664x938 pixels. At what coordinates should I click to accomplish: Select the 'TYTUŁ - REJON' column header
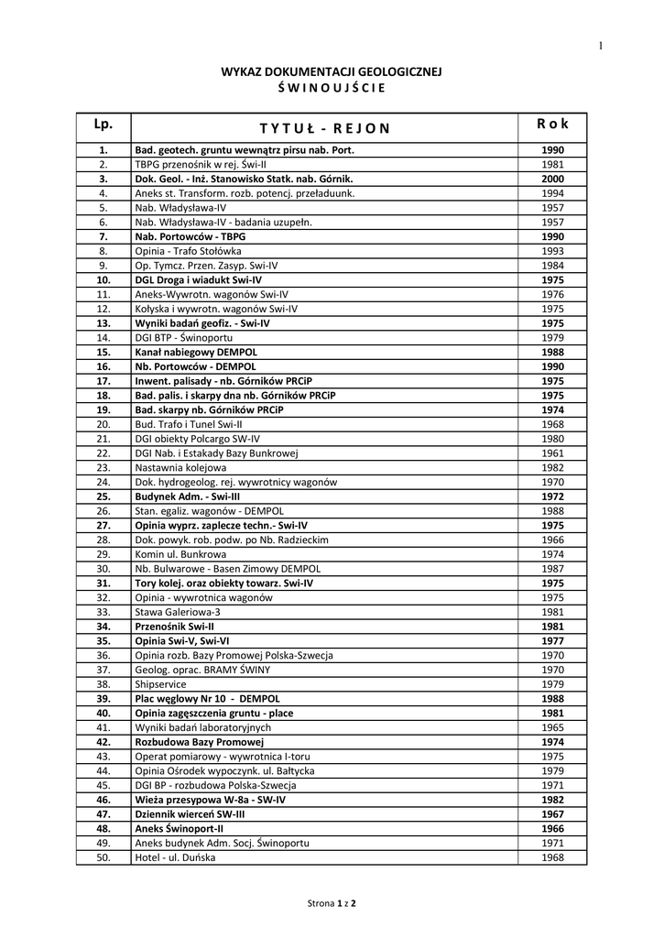pyautogui.click(x=324, y=127)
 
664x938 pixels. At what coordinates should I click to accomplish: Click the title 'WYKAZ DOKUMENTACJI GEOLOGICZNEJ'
pyautogui.click(x=332, y=70)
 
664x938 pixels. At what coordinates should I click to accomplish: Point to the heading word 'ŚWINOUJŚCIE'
pyautogui.click(x=331, y=88)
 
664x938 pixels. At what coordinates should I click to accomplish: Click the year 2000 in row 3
pyautogui.click(x=552, y=179)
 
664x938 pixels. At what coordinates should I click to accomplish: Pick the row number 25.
pyautogui.click(x=103, y=496)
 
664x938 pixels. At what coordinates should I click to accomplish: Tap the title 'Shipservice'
pyautogui.click(x=160, y=683)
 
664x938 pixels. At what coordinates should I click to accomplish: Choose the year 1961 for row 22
pyautogui.click(x=552, y=453)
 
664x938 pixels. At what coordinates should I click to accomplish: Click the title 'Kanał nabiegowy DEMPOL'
pyautogui.click(x=196, y=352)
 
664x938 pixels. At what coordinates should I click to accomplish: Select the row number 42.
pyautogui.click(x=103, y=742)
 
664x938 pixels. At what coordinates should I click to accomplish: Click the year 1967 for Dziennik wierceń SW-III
pyautogui.click(x=552, y=813)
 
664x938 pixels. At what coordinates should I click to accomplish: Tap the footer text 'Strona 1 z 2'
pyautogui.click(x=332, y=903)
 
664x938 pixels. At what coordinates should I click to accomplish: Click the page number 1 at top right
pyautogui.click(x=601, y=46)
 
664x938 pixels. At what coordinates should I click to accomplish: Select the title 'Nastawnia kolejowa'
pyautogui.click(x=180, y=467)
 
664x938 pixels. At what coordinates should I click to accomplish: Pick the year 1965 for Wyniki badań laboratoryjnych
pyautogui.click(x=552, y=727)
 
